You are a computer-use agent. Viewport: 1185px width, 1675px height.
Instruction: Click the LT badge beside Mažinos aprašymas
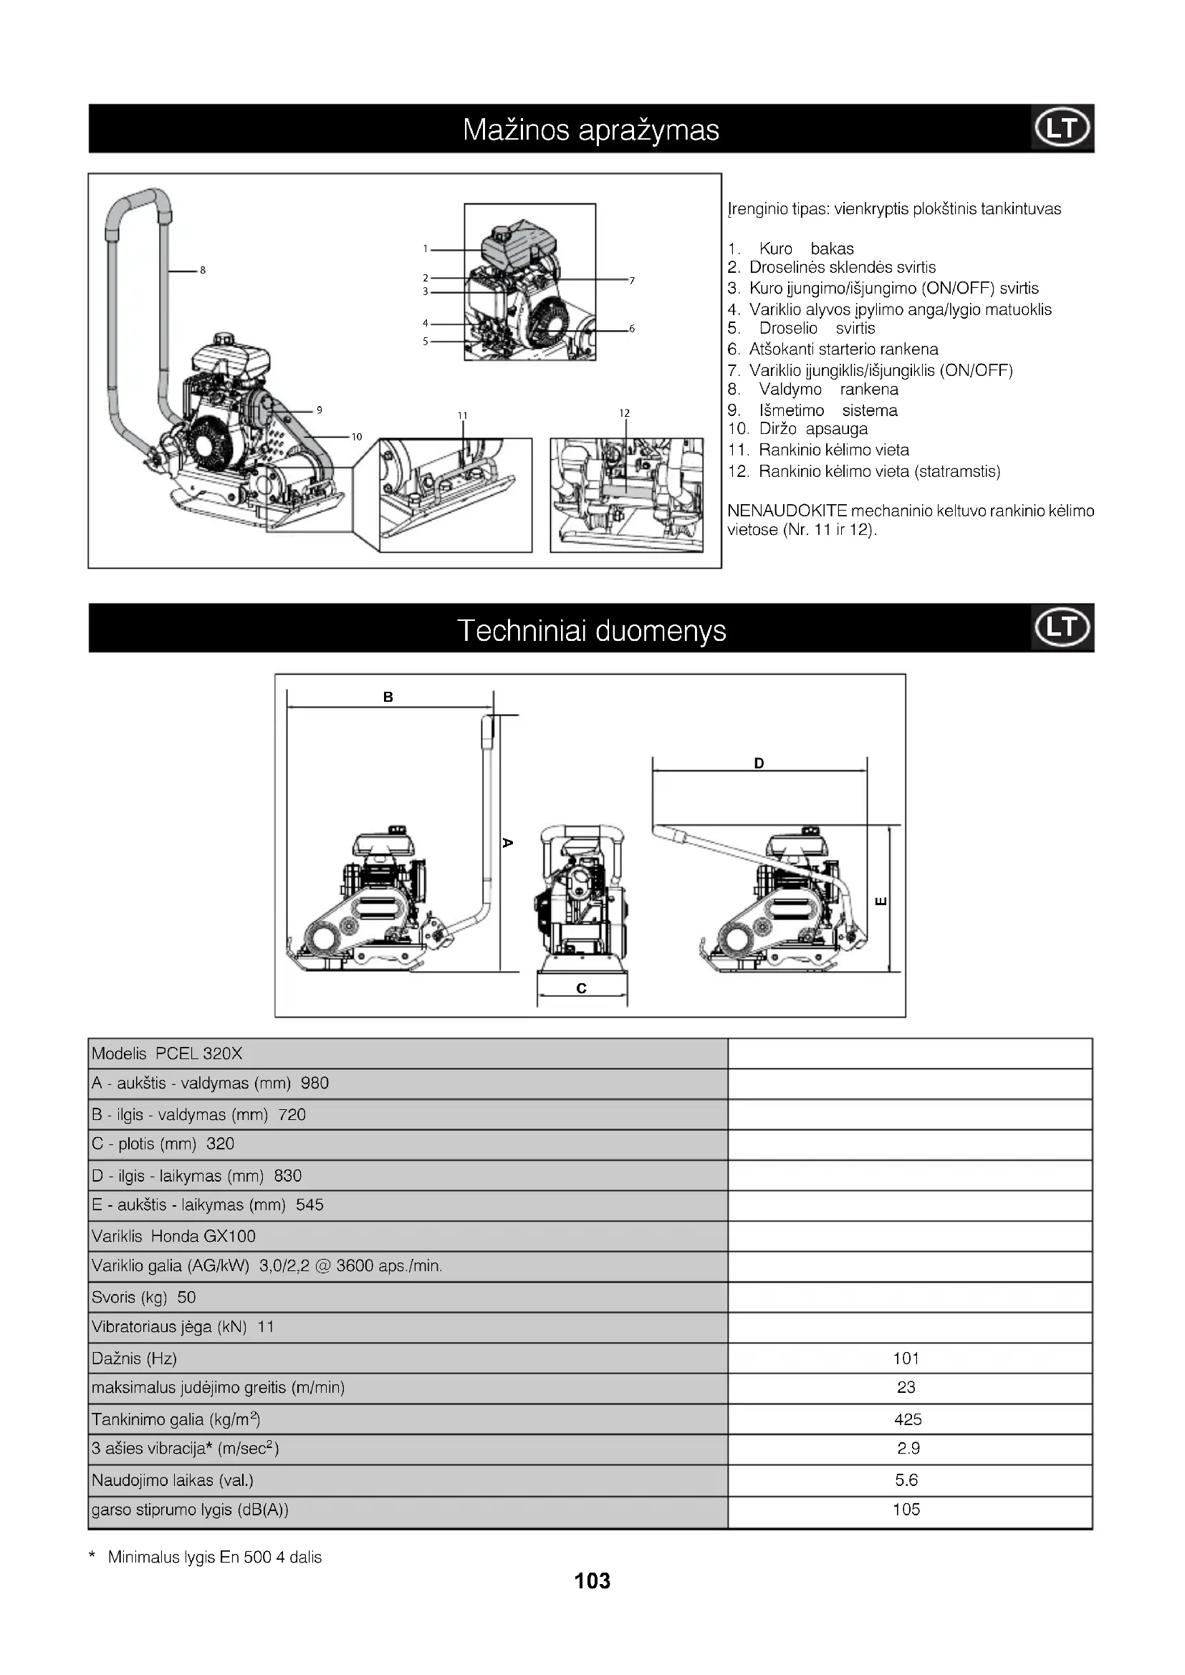point(1062,128)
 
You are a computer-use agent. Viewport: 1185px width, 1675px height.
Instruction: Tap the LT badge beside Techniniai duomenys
point(1062,627)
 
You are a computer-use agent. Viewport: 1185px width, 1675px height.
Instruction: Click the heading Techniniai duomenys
point(591,630)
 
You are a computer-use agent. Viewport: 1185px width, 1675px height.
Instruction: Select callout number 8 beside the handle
point(203,271)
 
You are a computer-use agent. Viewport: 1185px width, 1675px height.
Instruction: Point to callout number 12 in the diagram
point(624,414)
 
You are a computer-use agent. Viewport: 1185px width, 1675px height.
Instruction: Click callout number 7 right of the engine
point(632,281)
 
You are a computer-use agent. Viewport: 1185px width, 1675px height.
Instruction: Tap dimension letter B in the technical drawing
point(388,697)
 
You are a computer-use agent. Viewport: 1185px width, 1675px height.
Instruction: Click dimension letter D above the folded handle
point(759,764)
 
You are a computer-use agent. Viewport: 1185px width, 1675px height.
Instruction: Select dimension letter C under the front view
point(582,988)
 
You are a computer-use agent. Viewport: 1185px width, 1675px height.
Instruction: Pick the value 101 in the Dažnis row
point(906,1358)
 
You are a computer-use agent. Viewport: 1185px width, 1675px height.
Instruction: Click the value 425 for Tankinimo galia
point(908,1419)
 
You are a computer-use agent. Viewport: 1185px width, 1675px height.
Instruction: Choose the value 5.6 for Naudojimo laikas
point(906,1479)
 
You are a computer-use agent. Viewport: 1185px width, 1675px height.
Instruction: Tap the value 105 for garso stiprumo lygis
point(906,1510)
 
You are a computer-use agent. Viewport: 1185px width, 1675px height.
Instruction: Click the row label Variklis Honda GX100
point(173,1236)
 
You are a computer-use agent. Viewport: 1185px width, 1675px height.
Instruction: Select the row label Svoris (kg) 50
point(144,1297)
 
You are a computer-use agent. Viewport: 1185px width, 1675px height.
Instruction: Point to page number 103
point(592,1581)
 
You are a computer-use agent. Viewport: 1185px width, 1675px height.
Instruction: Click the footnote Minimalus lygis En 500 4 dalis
point(214,1558)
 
